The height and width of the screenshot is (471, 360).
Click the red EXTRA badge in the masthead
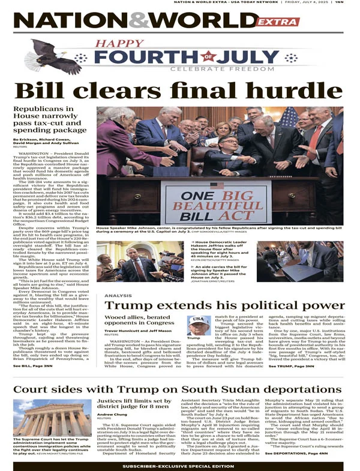click(277, 22)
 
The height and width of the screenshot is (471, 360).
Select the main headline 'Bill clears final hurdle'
click(179, 90)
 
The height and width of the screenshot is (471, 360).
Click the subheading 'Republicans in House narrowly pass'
click(50, 120)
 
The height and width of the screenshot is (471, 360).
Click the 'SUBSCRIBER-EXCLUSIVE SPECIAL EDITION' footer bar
click(179, 465)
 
